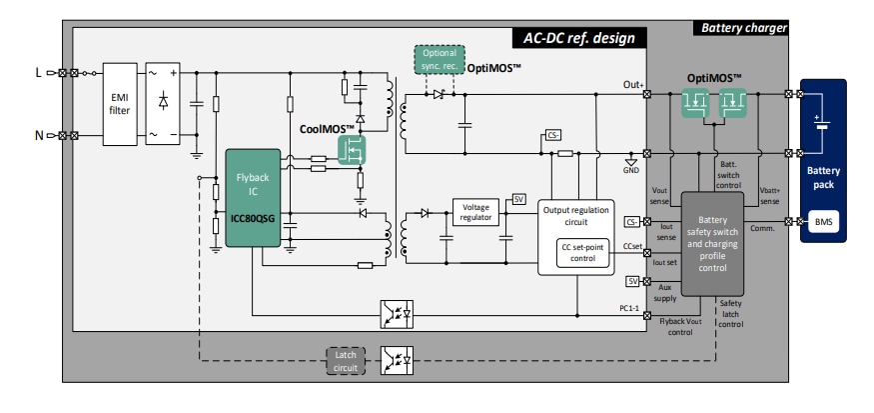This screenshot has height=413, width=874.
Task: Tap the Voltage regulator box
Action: [475, 211]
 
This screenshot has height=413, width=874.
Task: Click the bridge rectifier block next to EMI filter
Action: [163, 102]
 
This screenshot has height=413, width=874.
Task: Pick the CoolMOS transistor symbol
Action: [351, 151]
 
